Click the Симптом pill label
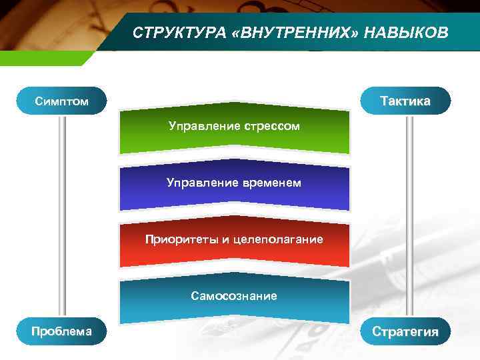62,101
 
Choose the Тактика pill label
405,101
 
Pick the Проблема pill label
62,331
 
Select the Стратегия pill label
405,331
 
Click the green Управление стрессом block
234,130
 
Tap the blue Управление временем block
234,187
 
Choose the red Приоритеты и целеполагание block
234,243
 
